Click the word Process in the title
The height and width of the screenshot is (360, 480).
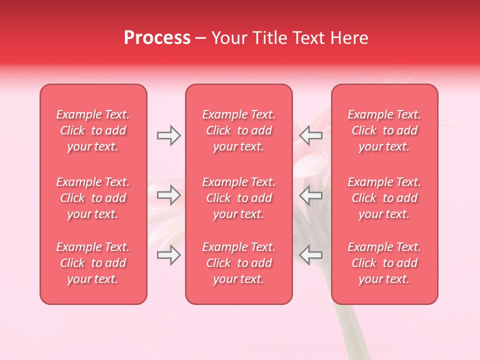click(157, 38)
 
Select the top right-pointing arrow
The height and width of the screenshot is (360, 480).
click(169, 135)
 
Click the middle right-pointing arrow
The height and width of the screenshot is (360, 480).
click(169, 195)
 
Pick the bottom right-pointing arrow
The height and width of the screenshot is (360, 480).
click(169, 255)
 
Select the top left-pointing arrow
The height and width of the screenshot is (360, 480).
click(311, 135)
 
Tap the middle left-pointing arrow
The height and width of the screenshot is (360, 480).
click(311, 195)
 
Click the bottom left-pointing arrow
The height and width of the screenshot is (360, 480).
click(311, 255)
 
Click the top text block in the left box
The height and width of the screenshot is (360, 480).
click(93, 130)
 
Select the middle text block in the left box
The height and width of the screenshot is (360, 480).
click(93, 198)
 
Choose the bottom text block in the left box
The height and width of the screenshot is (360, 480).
click(93, 263)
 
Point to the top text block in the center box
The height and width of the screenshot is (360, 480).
click(239, 130)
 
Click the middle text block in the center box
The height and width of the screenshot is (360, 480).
click(239, 198)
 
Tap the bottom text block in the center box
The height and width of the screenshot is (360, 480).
click(239, 263)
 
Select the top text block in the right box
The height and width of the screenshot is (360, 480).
click(384, 130)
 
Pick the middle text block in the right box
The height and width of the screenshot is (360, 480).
click(384, 198)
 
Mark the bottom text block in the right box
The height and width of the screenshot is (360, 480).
click(384, 263)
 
